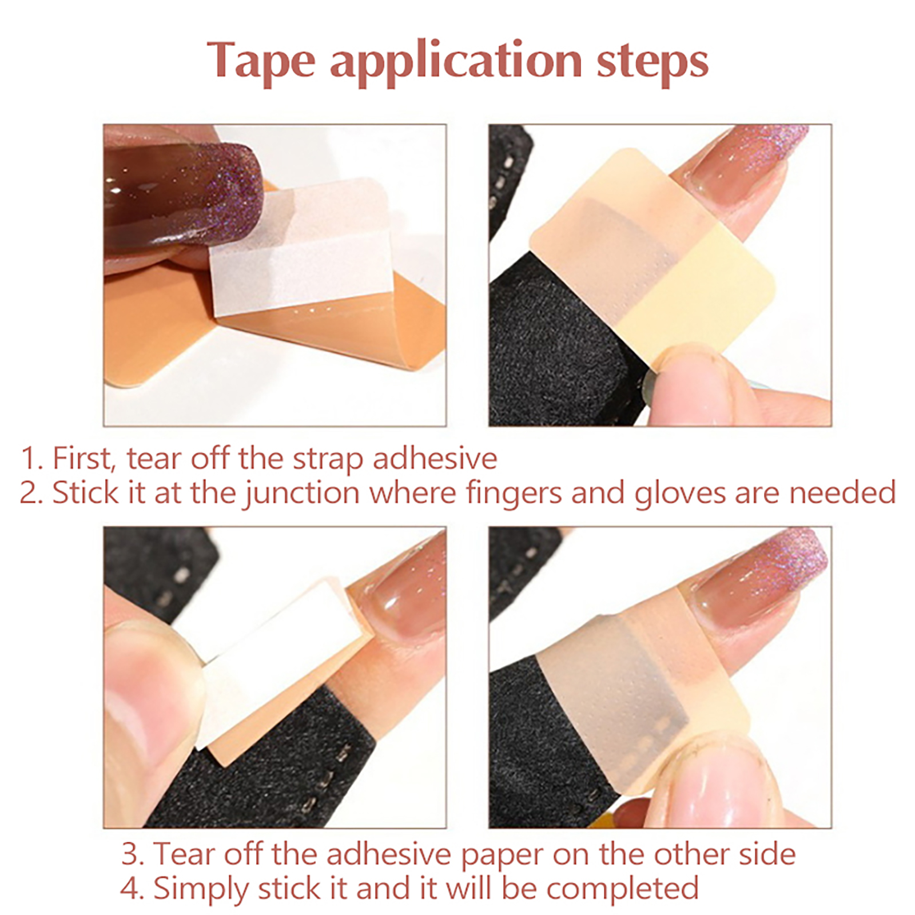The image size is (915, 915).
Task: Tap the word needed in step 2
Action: click(x=843, y=493)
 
